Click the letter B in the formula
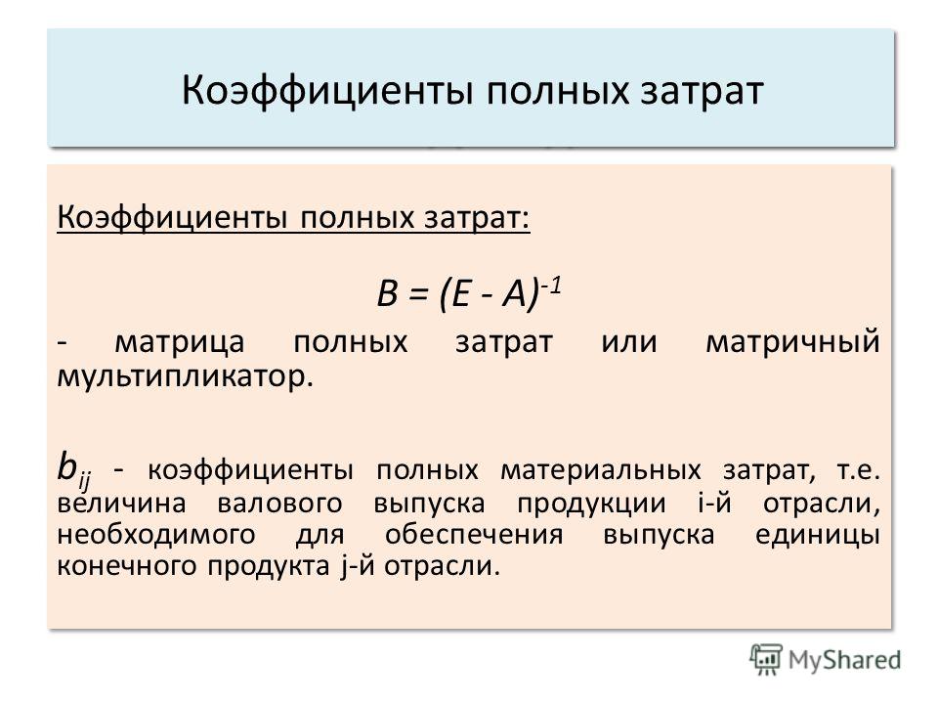[388, 293]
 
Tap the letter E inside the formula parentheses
[461, 293]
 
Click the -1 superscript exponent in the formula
[551, 285]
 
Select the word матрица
[180, 343]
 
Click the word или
[629, 343]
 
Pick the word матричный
[792, 343]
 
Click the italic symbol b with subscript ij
[73, 469]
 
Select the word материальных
[600, 470]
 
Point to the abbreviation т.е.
[858, 470]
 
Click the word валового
[279, 503]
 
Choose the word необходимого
[156, 535]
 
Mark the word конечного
[127, 566]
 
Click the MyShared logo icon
[766, 659]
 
